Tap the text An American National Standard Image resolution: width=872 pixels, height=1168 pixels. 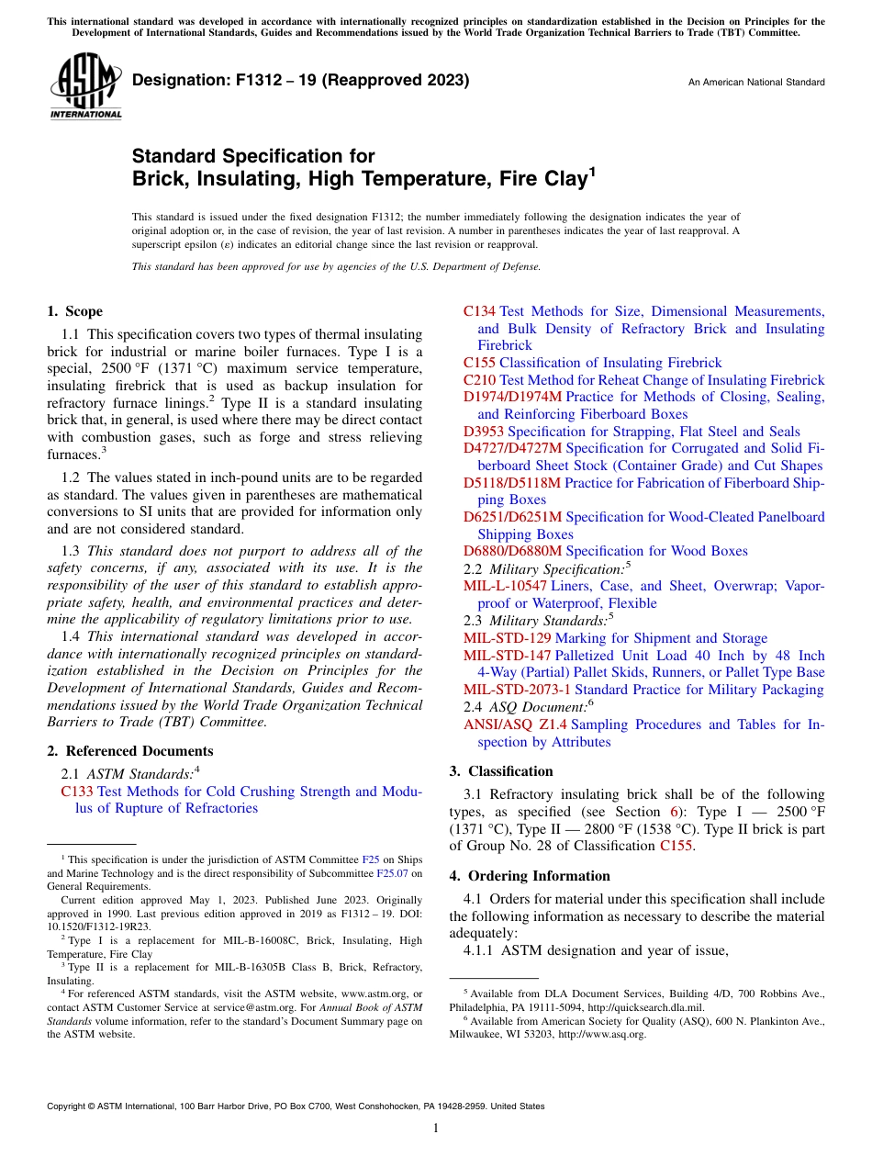[755, 83]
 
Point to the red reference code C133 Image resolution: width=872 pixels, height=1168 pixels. [77, 792]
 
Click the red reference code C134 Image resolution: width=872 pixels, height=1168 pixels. [480, 311]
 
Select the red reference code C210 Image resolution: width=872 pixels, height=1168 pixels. [480, 380]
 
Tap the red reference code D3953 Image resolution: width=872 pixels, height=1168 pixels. [484, 432]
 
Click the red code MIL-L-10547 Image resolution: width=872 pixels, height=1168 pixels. [505, 586]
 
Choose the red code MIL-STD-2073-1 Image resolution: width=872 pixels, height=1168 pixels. [517, 690]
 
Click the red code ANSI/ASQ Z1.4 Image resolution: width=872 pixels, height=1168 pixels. [515, 724]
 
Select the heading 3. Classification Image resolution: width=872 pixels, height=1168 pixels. [501, 771]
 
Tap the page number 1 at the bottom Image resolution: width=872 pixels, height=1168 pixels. [436, 1129]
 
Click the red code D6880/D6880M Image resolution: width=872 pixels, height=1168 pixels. [512, 551]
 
